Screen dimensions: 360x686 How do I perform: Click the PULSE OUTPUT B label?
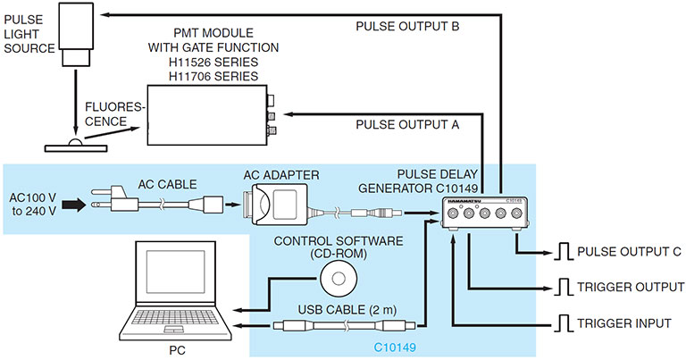407,27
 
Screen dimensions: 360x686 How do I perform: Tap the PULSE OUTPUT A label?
407,125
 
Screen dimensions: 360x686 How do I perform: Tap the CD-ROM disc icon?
337,279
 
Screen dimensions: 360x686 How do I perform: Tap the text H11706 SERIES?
211,77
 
